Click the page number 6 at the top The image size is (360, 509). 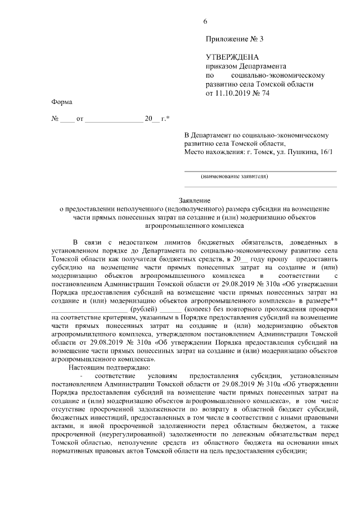pyautogui.click(x=205, y=21)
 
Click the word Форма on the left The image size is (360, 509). pyautogui.click(x=62, y=102)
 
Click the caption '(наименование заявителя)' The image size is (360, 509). pyautogui.click(x=235, y=176)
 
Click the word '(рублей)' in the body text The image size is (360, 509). pyautogui.click(x=143, y=309)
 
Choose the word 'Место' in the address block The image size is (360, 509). pyautogui.click(x=195, y=152)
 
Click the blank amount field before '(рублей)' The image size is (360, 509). pyautogui.click(x=89, y=309)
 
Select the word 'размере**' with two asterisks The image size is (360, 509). pyautogui.click(x=321, y=301)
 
